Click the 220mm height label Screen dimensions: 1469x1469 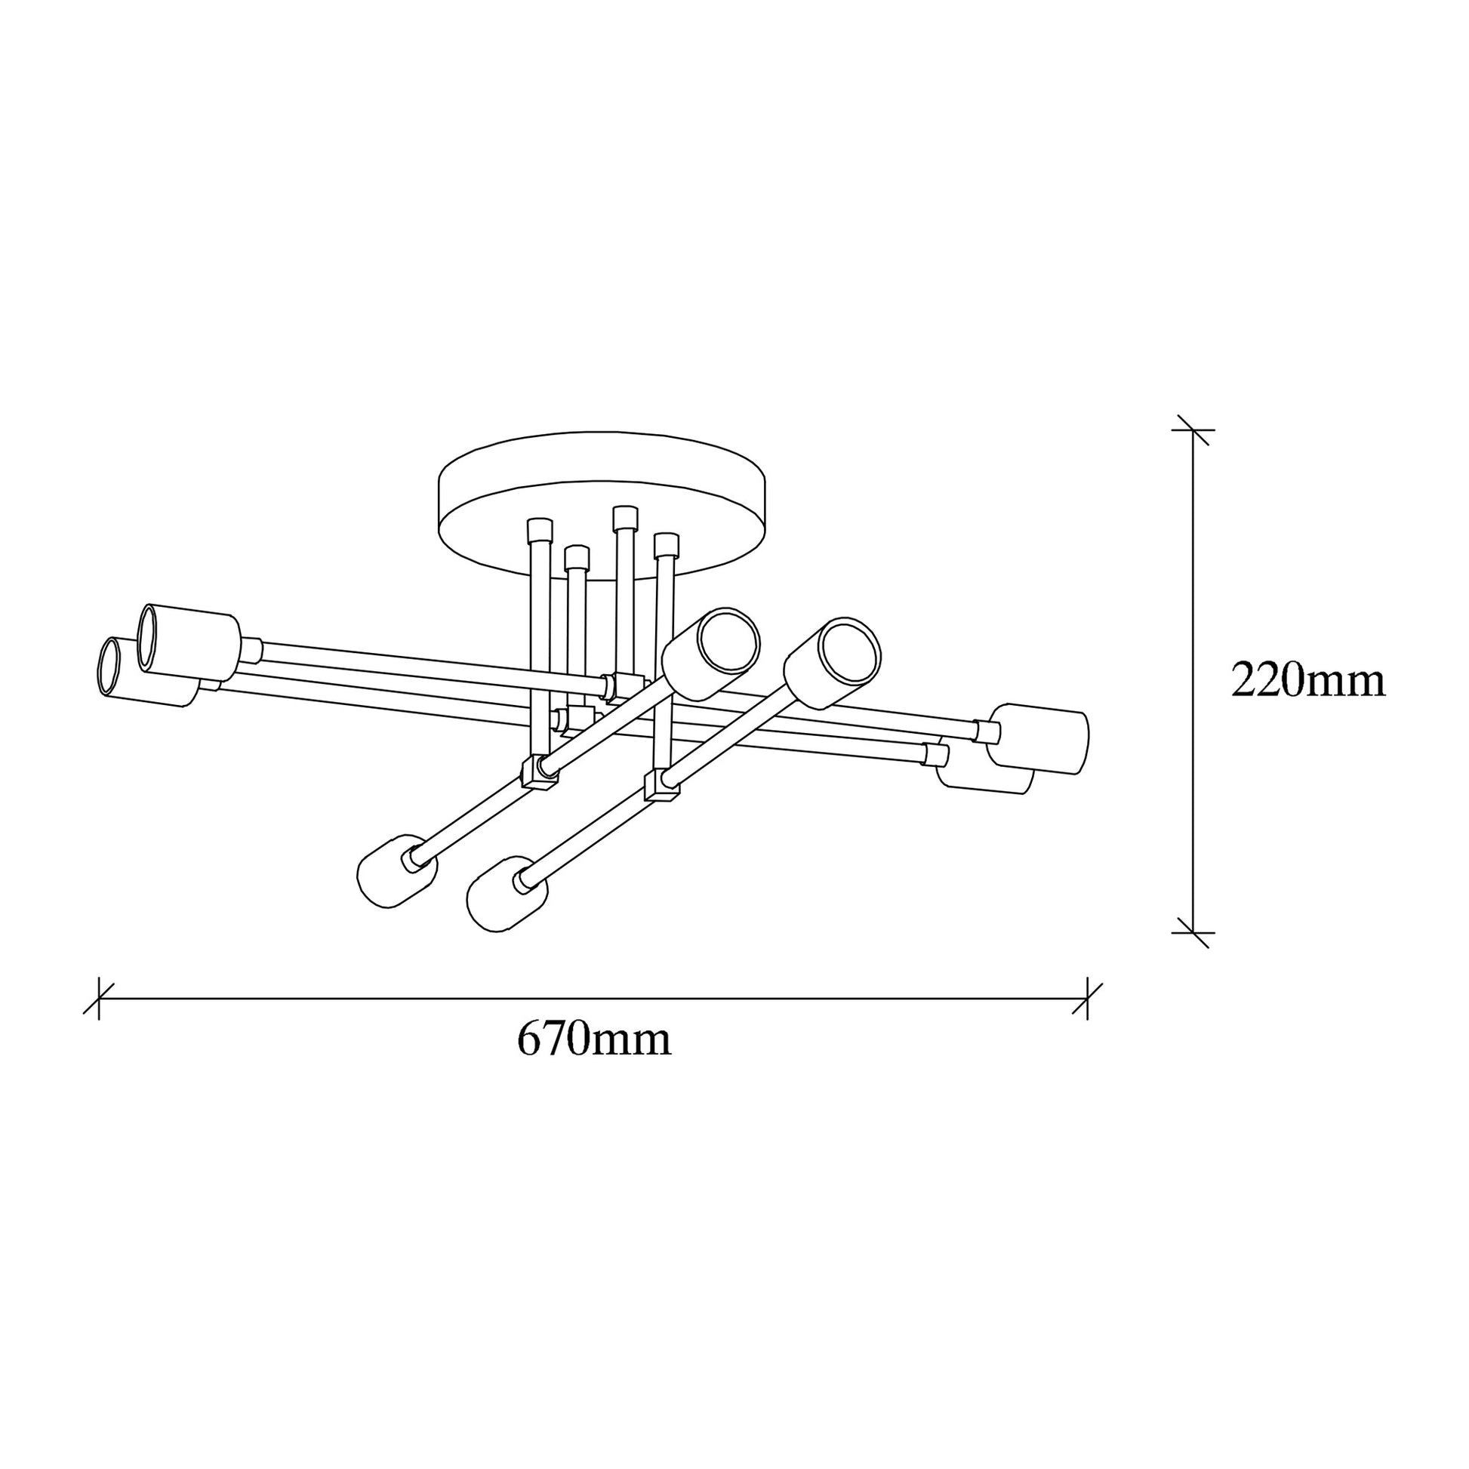pyautogui.click(x=1307, y=681)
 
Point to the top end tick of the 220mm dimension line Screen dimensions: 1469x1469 pyautogui.click(x=1193, y=430)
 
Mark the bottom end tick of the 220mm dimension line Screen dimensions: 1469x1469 pyautogui.click(x=1193, y=932)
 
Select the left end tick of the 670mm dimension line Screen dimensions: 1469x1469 pyautogui.click(x=98, y=999)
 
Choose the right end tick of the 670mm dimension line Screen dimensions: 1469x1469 pyautogui.click(x=1087, y=999)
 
